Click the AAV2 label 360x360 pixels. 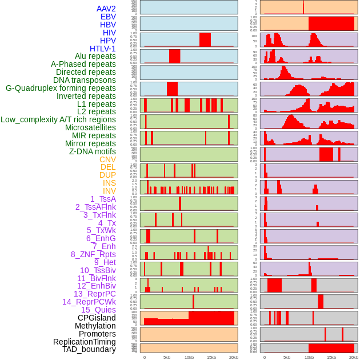pyautogui.click(x=106, y=9)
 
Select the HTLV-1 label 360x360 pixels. pyautogui.click(x=103, y=49)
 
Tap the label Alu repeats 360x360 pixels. pyautogui.click(x=95, y=56)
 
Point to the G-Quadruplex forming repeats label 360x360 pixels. pyautogui.click(x=61, y=88)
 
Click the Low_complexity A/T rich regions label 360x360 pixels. pyautogui.click(x=58, y=119)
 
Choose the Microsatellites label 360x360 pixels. pyautogui.click(x=90, y=127)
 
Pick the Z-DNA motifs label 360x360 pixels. pyautogui.click(x=93, y=151)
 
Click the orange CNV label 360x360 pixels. pyautogui.click(x=107, y=159)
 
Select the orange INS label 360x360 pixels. pyautogui.click(x=109, y=183)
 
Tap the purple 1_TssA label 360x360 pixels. pyautogui.click(x=103, y=199)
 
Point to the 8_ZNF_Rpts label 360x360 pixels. pyautogui.click(x=93, y=254)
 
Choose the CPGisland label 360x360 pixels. pyautogui.click(x=97, y=318)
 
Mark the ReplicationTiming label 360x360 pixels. pyautogui.click(x=85, y=342)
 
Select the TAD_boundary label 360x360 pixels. pyautogui.click(x=89, y=349)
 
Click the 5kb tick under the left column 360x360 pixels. pyautogui.click(x=167, y=357)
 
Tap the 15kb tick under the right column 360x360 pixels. pyautogui.click(x=331, y=357)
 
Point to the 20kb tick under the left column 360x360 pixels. pyautogui.click(x=234, y=357)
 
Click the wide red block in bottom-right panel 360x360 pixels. pyautogui.click(x=331, y=348)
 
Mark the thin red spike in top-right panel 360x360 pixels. pyautogui.click(x=303, y=7)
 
